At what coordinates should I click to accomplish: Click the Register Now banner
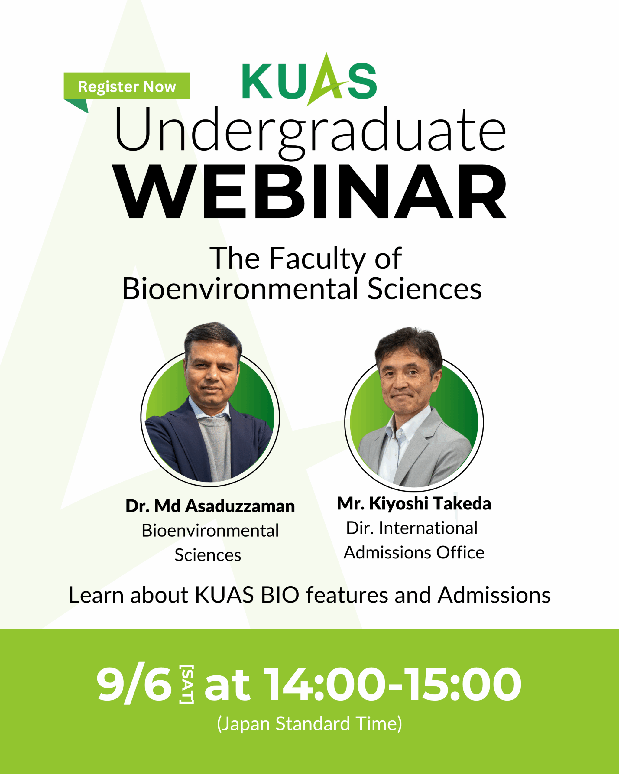127,86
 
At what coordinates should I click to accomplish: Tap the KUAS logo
309,80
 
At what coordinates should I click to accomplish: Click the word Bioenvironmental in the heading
240,289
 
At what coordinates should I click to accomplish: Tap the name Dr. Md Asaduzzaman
210,506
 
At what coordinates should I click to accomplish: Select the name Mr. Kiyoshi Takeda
414,503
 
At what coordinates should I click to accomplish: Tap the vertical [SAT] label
186,684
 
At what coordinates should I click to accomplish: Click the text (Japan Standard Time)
309,724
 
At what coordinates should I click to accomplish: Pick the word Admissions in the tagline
494,595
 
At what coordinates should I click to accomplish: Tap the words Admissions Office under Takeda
414,552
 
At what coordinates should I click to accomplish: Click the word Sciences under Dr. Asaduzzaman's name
208,555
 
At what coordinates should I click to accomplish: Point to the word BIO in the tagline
280,595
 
